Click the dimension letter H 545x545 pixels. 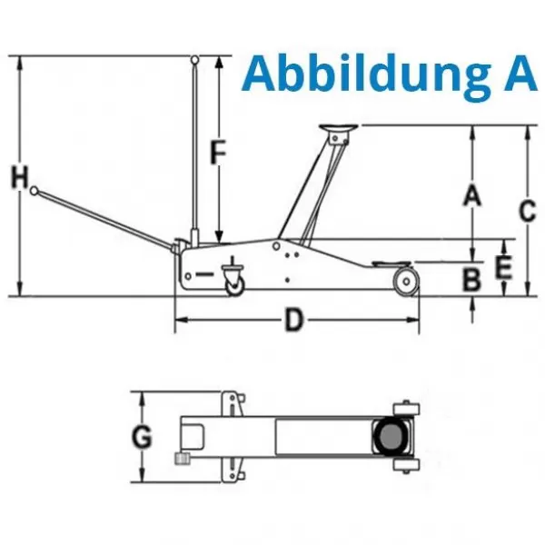[19, 177]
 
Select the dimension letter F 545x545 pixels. [216, 152]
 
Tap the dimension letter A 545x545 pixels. [471, 194]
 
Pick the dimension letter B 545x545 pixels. [471, 279]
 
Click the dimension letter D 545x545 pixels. [294, 321]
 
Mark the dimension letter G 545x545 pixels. [142, 439]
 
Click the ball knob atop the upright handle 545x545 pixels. [195, 60]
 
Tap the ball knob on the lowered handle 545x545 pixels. [35, 192]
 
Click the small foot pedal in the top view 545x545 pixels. [180, 460]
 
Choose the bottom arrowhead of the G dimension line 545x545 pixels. [142, 479]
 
